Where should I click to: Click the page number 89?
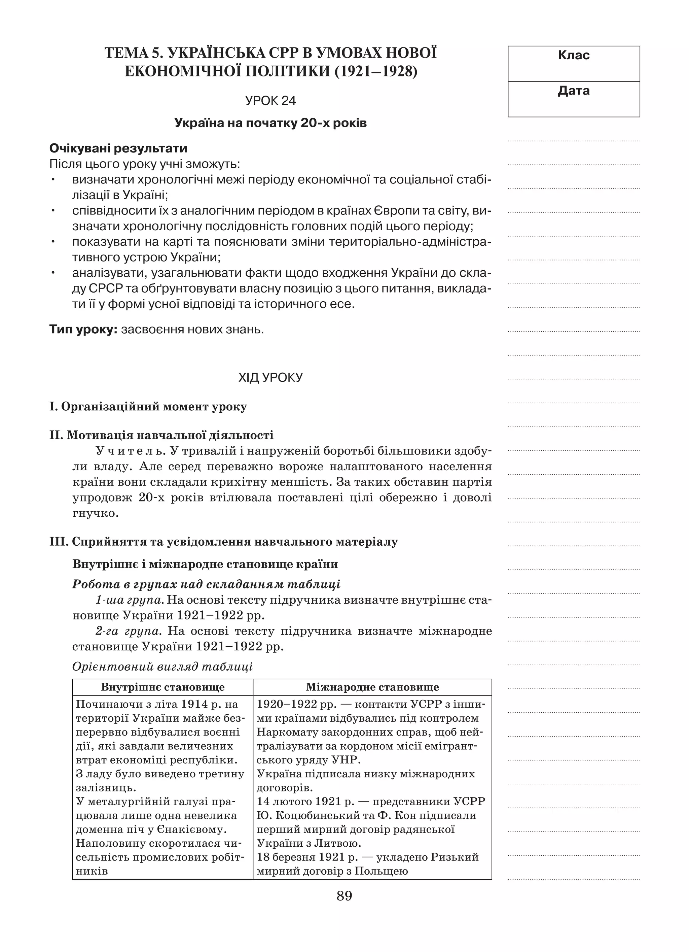[x=344, y=896]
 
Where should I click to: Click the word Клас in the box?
[x=573, y=55]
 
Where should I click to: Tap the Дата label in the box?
[x=573, y=91]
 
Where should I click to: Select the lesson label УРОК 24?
[x=270, y=101]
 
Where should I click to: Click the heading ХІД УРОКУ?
[x=270, y=378]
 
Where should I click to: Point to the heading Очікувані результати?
[x=118, y=148]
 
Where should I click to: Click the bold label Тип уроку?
[x=83, y=330]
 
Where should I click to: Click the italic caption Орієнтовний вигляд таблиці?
[x=162, y=667]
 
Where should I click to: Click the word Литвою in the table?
[x=337, y=843]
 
